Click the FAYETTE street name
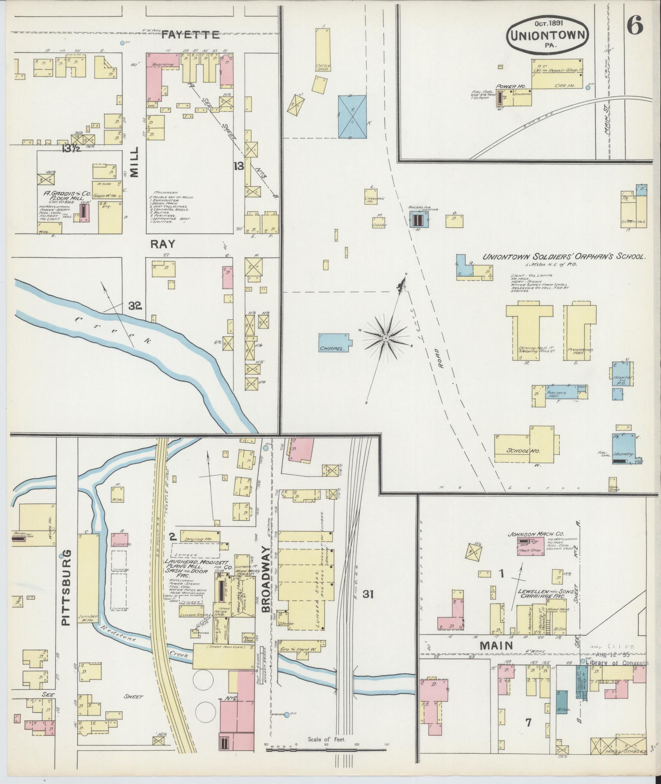[x=191, y=35]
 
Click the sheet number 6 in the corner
[x=634, y=27]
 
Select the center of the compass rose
[x=385, y=338]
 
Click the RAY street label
[x=162, y=244]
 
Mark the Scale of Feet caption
[x=327, y=740]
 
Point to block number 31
[x=368, y=594]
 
